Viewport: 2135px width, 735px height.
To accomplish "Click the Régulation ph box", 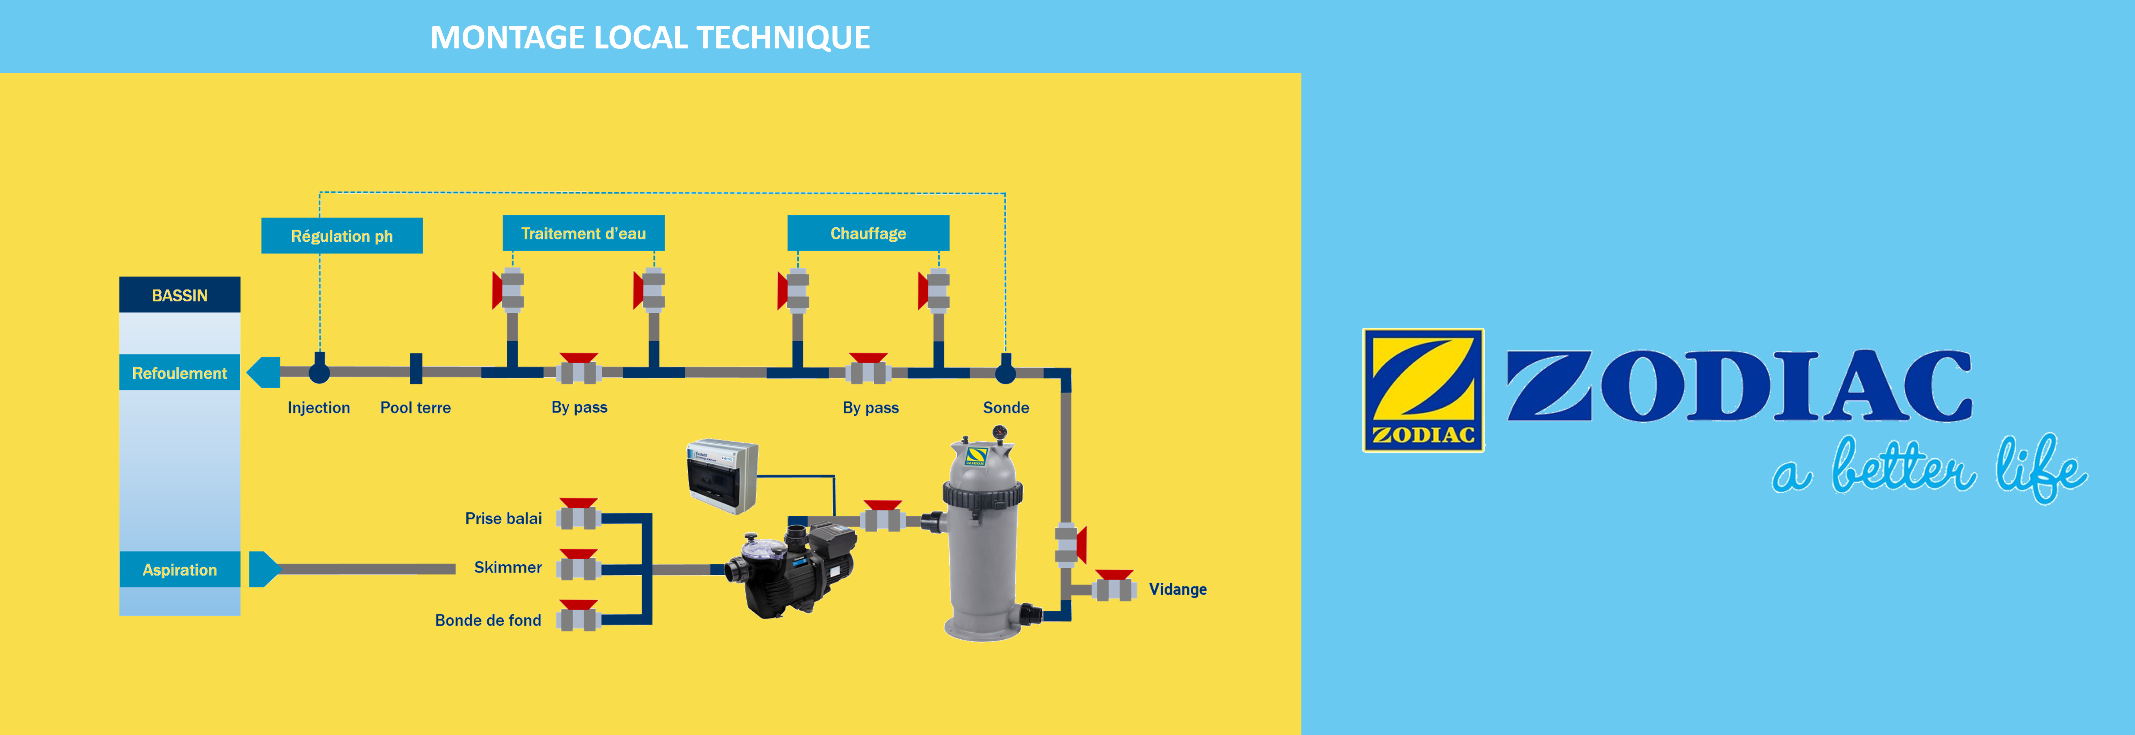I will (342, 236).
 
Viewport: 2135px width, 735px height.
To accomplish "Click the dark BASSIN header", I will (179, 295).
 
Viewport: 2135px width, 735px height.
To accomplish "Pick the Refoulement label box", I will (179, 373).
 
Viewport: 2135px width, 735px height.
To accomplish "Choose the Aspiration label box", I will (179, 569).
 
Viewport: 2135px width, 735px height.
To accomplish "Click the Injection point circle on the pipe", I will (319, 372).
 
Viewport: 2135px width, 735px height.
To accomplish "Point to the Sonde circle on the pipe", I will (1005, 372).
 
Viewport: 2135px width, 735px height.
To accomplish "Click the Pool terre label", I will (415, 408).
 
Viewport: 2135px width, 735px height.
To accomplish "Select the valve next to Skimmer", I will (578, 567).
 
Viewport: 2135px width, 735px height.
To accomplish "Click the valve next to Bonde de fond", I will (578, 617).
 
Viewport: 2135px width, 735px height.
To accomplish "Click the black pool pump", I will (791, 572).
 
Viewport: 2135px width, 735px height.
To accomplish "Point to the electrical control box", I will (722, 476).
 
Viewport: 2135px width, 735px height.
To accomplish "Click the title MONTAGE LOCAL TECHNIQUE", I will (650, 37).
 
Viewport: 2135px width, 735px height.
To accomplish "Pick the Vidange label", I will (1177, 589).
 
